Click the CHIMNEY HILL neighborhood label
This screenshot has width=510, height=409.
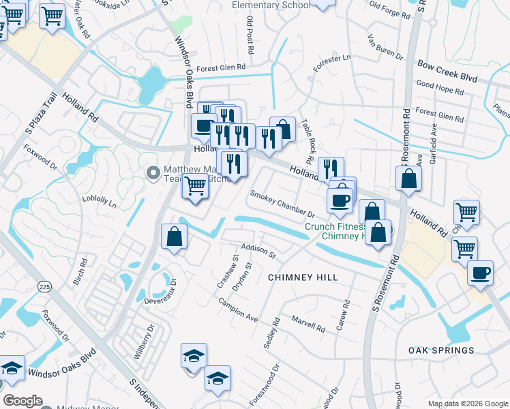click(x=303, y=277)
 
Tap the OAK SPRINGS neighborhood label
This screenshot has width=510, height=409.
click(x=441, y=350)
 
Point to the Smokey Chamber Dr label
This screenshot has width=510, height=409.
click(x=282, y=204)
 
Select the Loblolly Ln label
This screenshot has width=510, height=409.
click(x=99, y=202)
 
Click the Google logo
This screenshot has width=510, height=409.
click(x=23, y=401)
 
